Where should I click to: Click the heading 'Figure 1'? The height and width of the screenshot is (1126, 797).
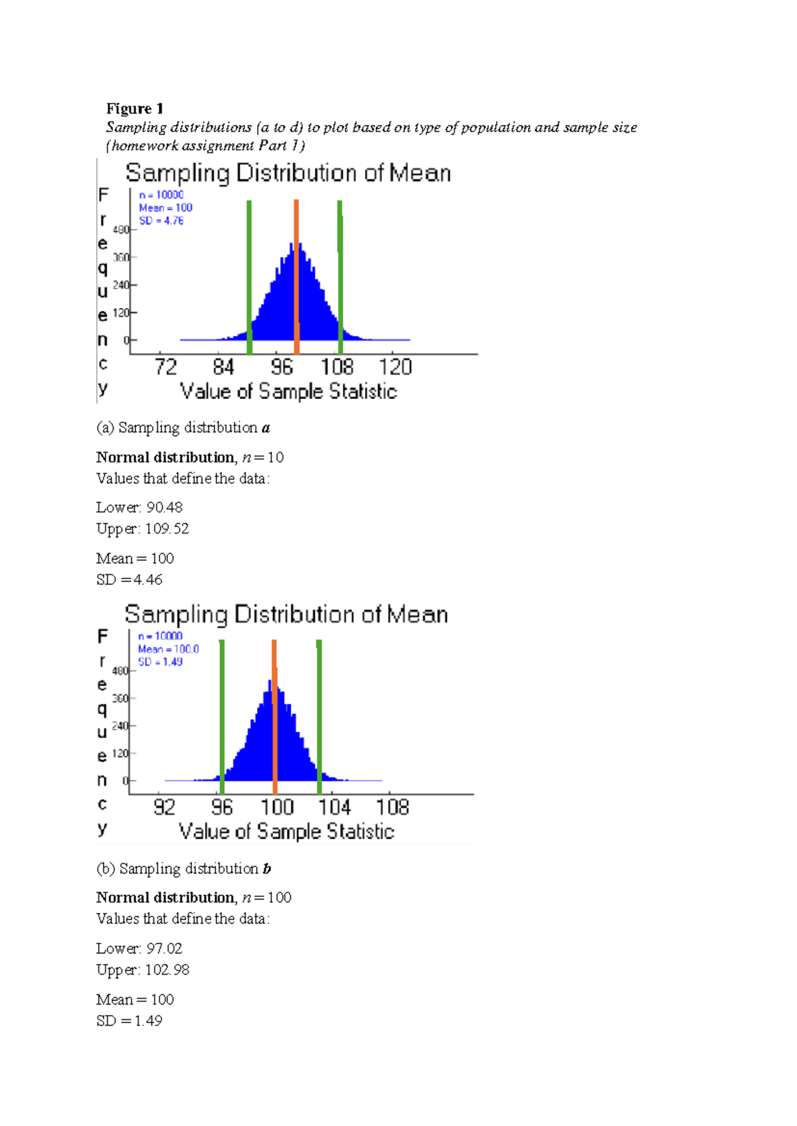pos(135,109)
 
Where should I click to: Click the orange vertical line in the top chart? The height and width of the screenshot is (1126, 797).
pos(296,276)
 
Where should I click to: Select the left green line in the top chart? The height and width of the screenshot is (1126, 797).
pos(249,276)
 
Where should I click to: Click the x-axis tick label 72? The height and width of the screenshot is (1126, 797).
pos(165,367)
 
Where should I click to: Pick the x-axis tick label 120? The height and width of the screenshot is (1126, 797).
pos(395,367)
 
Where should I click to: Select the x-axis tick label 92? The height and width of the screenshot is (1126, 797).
pos(164,807)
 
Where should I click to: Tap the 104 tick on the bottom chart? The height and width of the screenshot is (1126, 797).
pos(334,807)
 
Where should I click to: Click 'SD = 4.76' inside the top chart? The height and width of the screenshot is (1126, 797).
pos(161,221)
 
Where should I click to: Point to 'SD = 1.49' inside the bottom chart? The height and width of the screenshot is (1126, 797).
pos(160,662)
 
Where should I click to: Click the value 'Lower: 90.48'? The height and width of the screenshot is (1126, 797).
pos(139,508)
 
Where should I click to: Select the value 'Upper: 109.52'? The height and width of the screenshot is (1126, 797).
pos(143,529)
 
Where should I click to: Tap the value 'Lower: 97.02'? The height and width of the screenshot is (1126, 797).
pos(139,949)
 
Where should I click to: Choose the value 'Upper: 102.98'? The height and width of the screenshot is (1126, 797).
pos(143,970)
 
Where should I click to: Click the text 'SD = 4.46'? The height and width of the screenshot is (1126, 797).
pos(130,580)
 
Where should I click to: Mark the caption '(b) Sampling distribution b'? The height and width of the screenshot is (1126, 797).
pos(184,869)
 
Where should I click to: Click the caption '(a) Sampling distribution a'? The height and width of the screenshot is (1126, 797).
pos(183,428)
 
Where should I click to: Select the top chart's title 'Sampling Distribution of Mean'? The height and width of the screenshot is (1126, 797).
pos(288,173)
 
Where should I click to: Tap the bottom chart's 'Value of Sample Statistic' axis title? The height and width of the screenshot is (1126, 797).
pos(286,832)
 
